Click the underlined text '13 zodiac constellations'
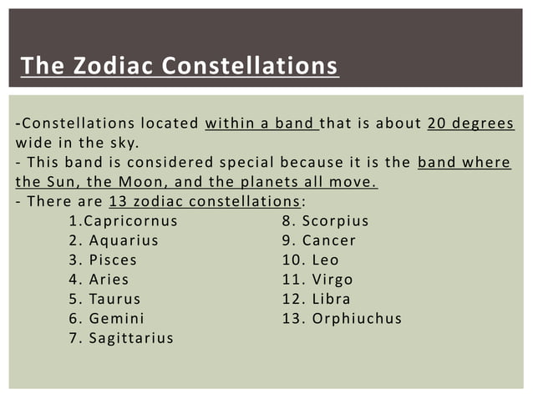[x=204, y=201]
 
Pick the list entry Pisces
[x=113, y=260]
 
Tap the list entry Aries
[x=109, y=279]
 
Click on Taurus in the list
[x=115, y=298]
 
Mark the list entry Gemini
[x=117, y=318]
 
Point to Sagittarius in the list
[x=131, y=337]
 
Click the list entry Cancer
[x=329, y=240]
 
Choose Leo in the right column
[x=326, y=260]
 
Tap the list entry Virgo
[x=332, y=279]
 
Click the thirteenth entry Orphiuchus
[x=357, y=318]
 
